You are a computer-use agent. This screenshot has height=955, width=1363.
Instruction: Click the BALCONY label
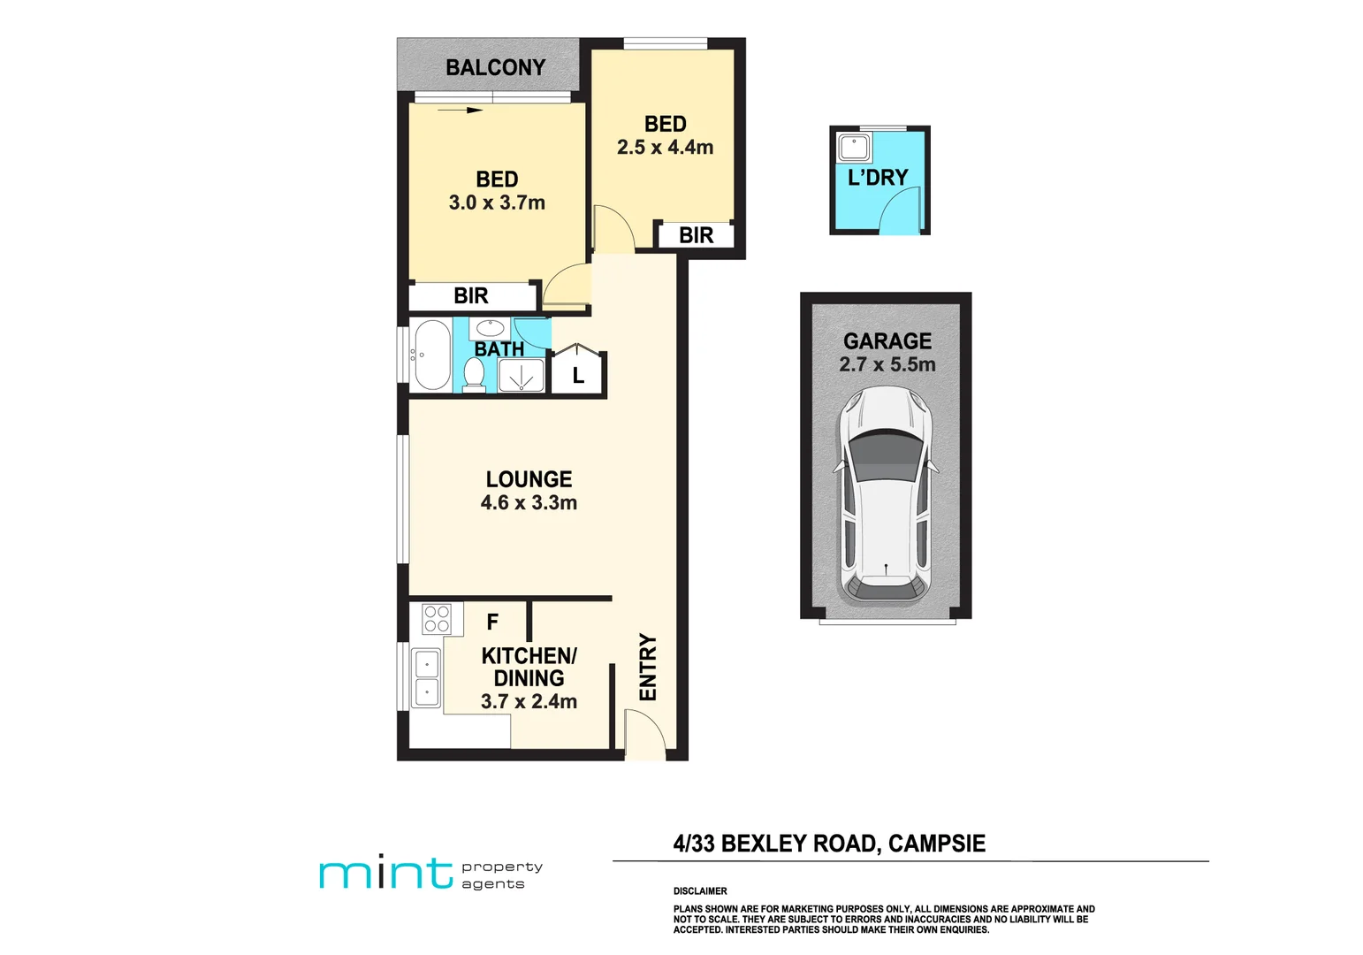(495, 68)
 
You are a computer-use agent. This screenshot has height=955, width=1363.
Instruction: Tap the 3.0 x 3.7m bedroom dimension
(497, 202)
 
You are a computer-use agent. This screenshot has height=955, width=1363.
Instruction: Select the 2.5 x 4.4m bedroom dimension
(665, 148)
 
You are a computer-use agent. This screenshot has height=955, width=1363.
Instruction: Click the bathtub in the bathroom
(431, 355)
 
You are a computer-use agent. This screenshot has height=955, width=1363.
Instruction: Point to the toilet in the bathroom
(474, 375)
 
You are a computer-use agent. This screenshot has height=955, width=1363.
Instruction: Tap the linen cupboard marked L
(577, 375)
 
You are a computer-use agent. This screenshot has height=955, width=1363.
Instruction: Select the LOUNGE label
(529, 479)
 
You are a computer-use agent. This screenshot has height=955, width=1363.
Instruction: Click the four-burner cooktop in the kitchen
(437, 618)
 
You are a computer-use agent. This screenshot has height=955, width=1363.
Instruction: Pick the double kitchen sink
(426, 677)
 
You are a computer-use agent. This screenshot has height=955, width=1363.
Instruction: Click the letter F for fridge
(492, 623)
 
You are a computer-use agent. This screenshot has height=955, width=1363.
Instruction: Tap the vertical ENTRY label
(648, 668)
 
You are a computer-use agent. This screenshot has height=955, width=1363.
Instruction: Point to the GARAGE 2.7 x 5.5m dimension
(887, 364)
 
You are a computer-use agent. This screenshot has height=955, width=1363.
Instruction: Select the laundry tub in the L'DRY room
(854, 147)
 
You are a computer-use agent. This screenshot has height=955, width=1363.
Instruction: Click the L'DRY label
(878, 178)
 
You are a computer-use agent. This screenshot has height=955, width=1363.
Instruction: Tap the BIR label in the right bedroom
(696, 236)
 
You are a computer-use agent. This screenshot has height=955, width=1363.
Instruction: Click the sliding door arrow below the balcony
(461, 111)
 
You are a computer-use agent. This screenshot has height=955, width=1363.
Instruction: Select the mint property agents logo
(430, 874)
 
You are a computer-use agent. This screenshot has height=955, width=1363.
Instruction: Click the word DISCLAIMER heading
(700, 891)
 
